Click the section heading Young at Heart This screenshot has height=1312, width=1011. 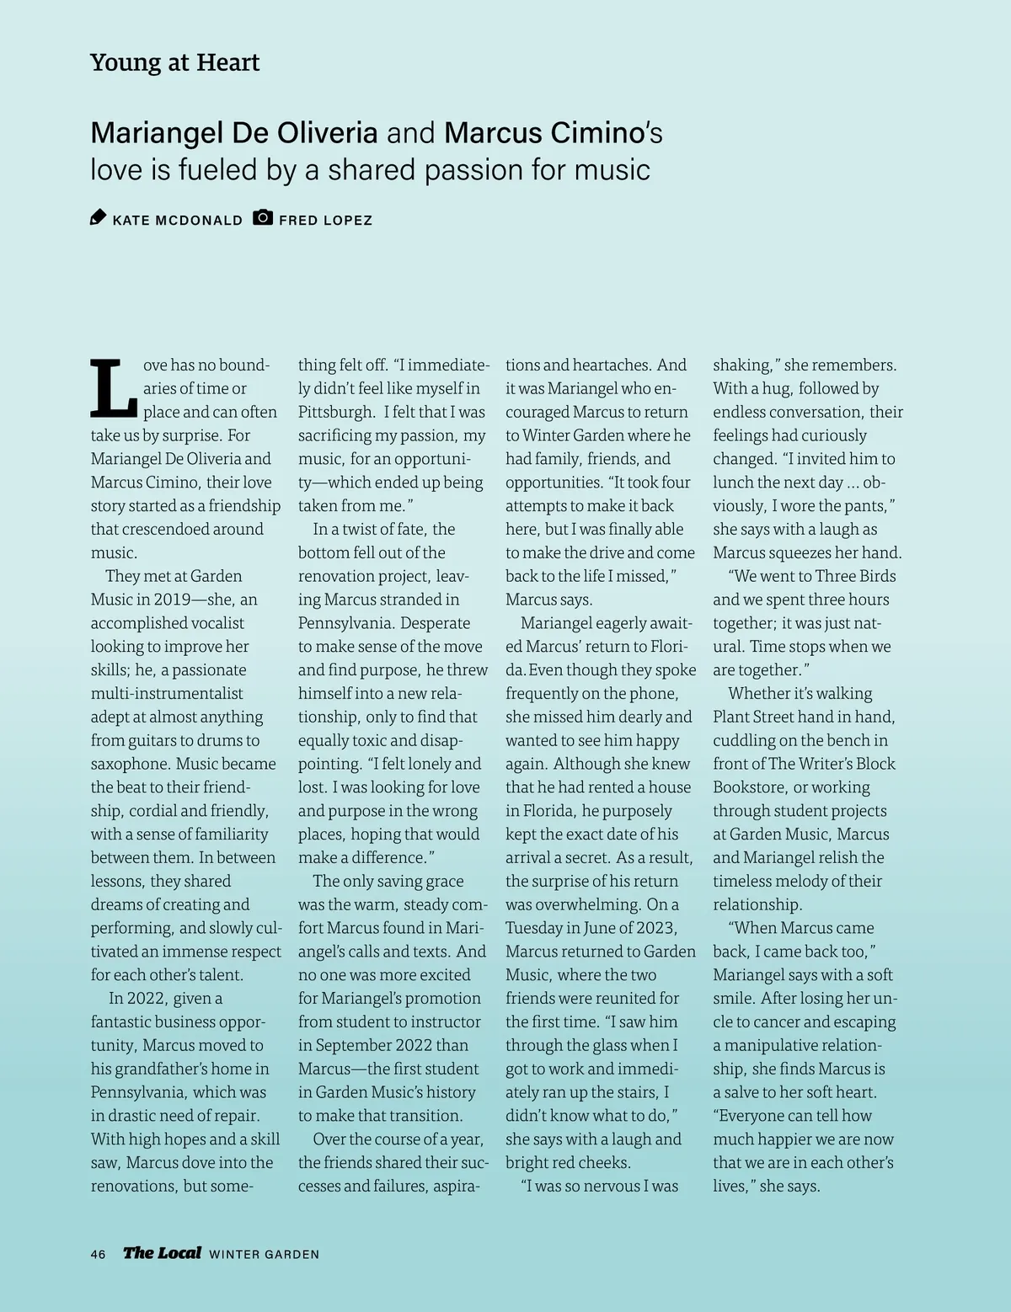click(174, 63)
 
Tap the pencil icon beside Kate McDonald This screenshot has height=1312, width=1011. click(99, 218)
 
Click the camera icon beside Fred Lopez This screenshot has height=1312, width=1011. click(263, 217)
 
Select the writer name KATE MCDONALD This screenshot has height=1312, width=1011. click(177, 221)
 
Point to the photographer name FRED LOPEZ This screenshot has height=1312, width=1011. click(325, 221)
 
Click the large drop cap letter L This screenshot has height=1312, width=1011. click(113, 388)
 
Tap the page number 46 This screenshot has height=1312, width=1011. click(99, 1254)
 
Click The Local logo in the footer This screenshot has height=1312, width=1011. click(162, 1253)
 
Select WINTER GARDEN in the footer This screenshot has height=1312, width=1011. click(264, 1255)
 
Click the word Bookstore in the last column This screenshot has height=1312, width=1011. click(749, 787)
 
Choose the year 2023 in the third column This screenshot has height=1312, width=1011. click(656, 928)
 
